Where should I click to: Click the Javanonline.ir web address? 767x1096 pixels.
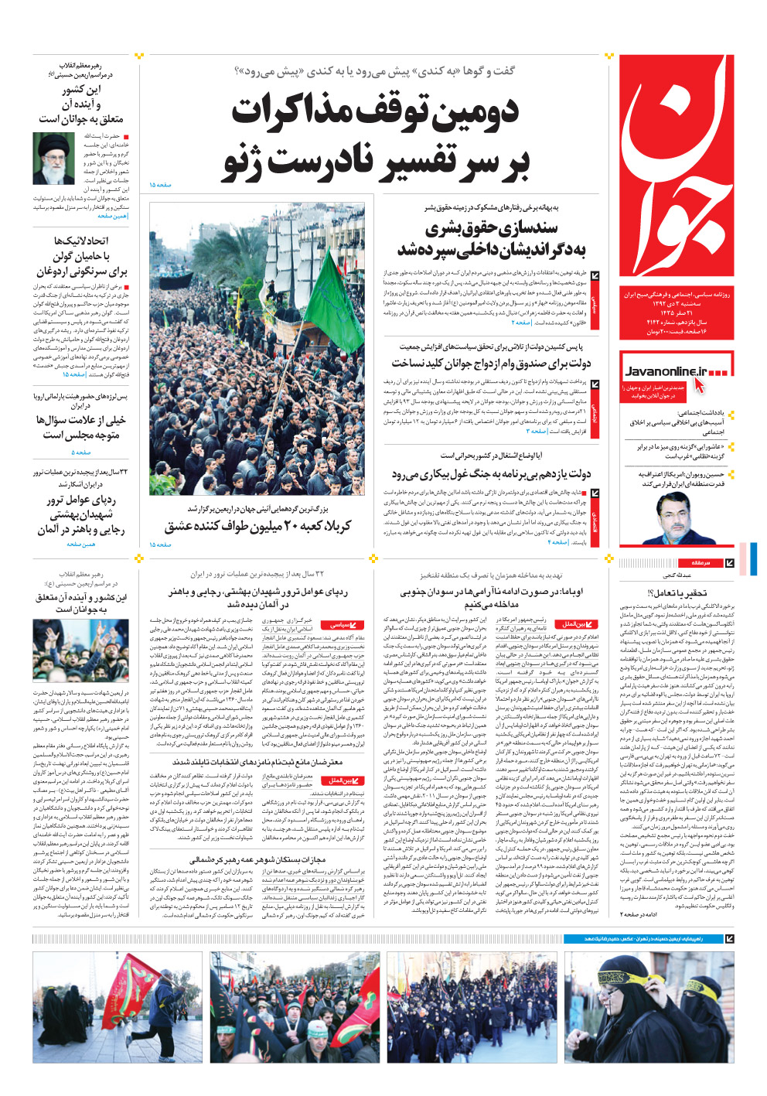coord(666,371)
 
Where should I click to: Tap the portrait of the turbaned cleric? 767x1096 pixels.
coord(53,158)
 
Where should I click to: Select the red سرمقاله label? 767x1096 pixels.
coord(700,562)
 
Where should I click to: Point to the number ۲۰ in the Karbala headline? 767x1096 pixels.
coord(271,526)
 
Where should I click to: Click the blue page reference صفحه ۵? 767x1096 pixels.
coord(81,452)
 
